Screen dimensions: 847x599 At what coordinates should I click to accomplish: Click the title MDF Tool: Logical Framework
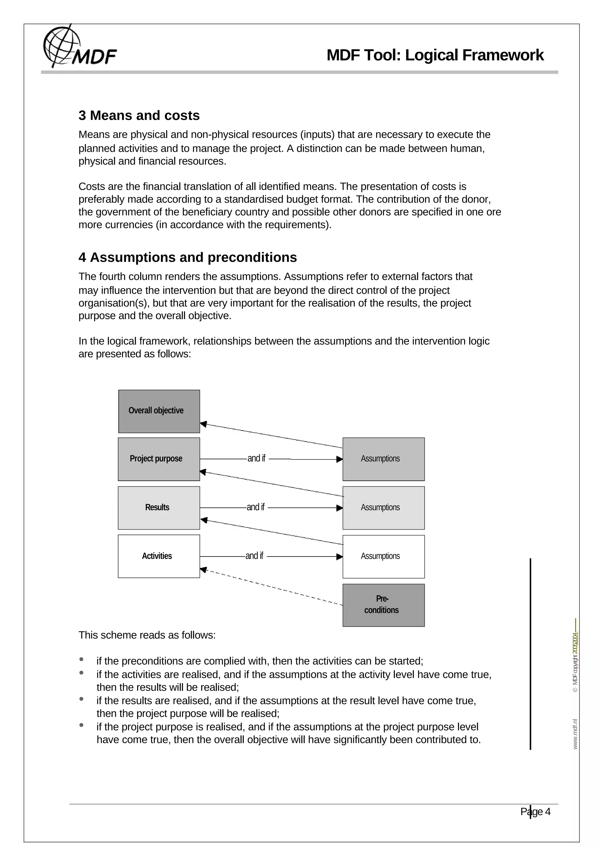point(435,55)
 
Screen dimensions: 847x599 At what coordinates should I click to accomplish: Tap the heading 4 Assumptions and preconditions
point(187,257)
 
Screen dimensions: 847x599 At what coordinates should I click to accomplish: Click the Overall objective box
point(159,411)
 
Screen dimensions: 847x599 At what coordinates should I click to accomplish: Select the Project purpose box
point(159,459)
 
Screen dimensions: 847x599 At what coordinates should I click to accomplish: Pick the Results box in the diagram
point(159,508)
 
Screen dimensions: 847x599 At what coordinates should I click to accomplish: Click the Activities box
point(159,556)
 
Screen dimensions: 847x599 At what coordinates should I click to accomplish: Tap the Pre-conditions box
point(383,605)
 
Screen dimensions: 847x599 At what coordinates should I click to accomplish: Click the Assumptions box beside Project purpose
point(383,459)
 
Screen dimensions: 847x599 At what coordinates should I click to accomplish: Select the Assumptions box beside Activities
point(383,556)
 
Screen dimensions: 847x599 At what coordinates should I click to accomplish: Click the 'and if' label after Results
point(255,507)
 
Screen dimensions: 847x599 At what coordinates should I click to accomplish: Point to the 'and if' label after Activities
point(254,556)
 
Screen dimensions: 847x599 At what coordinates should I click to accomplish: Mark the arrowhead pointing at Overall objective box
point(203,424)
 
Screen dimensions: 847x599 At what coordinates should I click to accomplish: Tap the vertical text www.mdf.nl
point(575,734)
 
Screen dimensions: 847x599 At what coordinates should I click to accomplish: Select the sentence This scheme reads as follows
point(147,635)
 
